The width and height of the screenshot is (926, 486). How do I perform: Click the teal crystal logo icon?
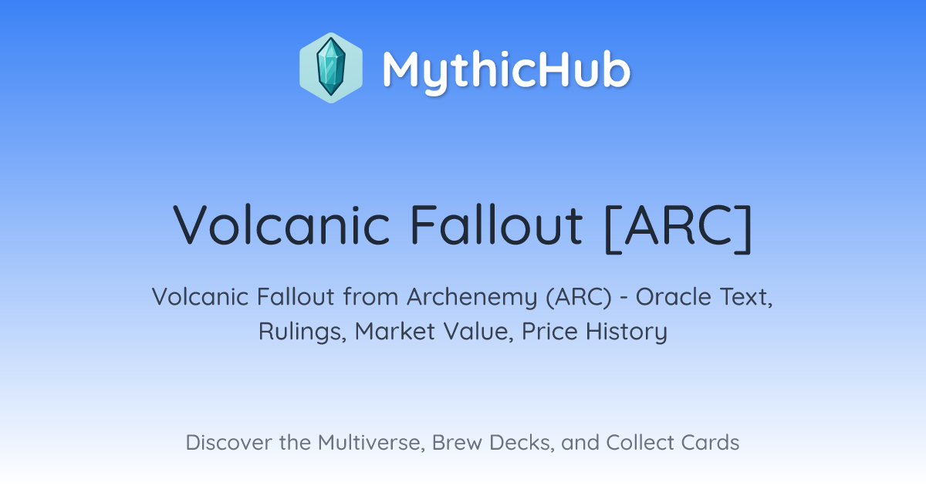coord(331,68)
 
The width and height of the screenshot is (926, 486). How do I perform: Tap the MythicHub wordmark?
coord(506,71)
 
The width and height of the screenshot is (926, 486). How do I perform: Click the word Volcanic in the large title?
coord(282,225)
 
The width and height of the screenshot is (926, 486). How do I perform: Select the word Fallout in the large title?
coord(496,225)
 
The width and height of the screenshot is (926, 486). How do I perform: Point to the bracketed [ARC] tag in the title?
coord(678,228)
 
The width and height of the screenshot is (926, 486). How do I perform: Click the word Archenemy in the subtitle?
coord(471,297)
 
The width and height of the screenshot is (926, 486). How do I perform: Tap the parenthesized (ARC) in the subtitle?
coord(579,297)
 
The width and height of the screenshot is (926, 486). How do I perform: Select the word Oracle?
coord(674,297)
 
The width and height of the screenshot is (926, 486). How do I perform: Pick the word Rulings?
coord(302,332)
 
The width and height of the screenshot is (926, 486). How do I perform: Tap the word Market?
coord(395,332)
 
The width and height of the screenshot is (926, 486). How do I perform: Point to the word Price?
coord(549,332)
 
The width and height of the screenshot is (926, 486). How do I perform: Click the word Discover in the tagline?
coord(228,443)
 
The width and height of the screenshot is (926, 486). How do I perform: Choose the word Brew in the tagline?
coord(457,443)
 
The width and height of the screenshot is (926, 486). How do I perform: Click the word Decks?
coord(522,443)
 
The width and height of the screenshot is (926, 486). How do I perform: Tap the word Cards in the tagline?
coord(710,443)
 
